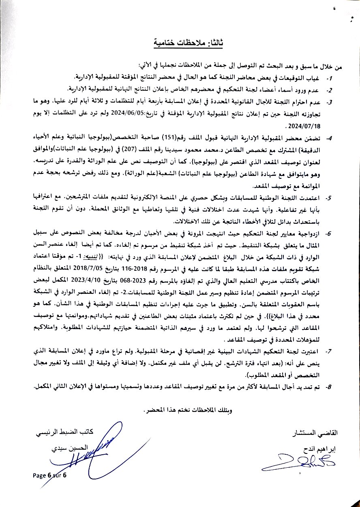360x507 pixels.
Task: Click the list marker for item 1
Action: coord(330,77)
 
